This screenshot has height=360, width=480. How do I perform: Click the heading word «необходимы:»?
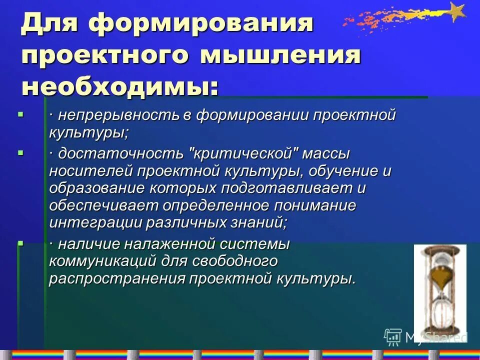120,87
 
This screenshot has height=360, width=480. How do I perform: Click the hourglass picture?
440,290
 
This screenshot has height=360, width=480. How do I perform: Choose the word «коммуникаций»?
103,261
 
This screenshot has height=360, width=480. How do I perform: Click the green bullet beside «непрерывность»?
20,114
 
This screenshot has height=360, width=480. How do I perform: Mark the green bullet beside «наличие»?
20,243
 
